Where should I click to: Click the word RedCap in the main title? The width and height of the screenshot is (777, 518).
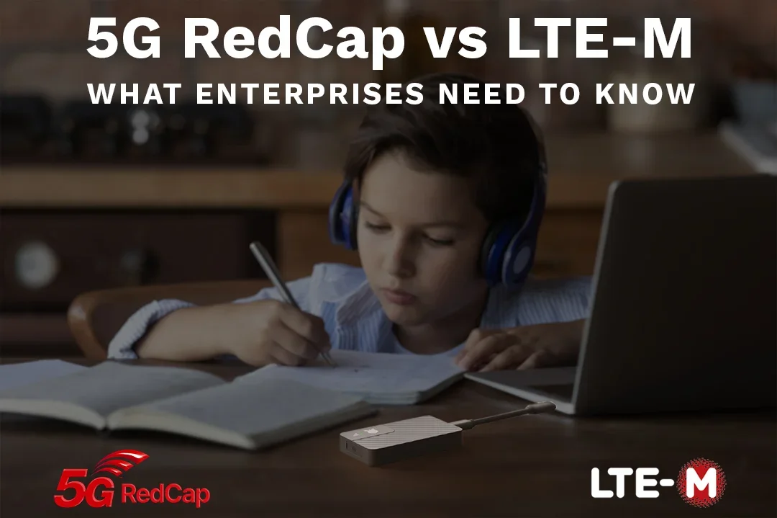294,40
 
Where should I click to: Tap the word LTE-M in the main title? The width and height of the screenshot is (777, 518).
600,40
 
